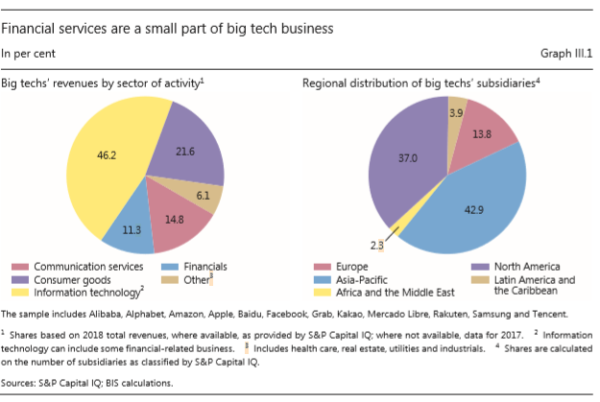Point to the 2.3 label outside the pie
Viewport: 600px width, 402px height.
[376, 247]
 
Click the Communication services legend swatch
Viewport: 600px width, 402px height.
[19, 266]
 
